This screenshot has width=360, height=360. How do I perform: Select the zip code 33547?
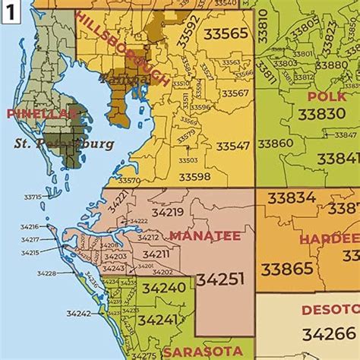[232, 145]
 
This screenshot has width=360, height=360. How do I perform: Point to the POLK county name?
[327, 96]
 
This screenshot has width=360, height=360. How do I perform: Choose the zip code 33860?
[275, 143]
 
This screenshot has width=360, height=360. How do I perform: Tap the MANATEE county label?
[204, 235]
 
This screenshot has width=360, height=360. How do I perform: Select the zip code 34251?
[220, 279]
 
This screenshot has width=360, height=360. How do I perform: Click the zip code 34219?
[167, 212]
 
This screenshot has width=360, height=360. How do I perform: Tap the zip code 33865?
[286, 268]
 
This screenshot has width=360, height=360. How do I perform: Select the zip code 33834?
[289, 198]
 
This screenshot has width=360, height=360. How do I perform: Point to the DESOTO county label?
[330, 310]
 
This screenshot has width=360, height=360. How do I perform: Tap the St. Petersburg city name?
[64, 144]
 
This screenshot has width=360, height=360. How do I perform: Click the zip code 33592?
[188, 31]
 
